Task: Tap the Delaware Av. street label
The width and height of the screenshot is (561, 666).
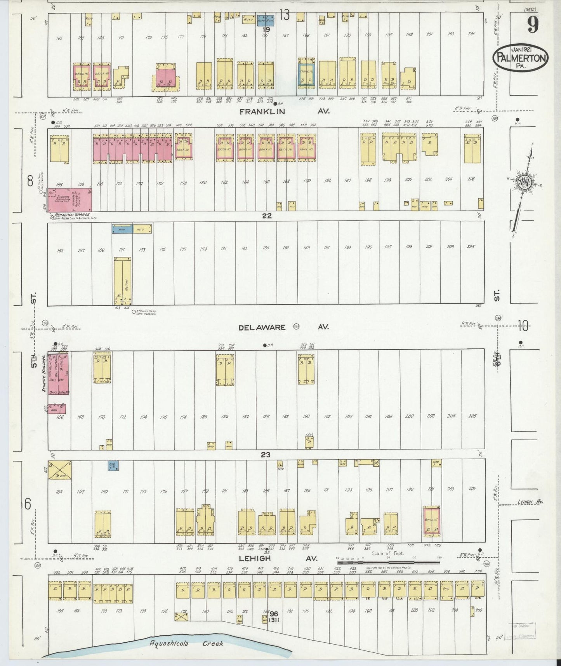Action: coord(283,327)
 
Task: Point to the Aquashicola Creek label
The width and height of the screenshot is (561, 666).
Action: coord(187,643)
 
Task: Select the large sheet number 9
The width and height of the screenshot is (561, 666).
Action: coord(533,26)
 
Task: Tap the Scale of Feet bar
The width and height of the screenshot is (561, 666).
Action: coord(388,562)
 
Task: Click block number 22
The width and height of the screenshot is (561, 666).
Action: coord(267,216)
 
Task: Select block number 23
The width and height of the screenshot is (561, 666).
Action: coord(265,454)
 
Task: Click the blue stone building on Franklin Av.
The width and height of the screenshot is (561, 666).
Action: coord(307,72)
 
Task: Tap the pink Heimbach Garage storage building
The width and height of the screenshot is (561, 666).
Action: coord(70,200)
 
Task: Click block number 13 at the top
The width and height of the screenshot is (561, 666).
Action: coord(284,16)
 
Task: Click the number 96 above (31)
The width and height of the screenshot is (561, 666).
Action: coord(274,614)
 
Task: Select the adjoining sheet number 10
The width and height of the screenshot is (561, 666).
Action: coord(523,327)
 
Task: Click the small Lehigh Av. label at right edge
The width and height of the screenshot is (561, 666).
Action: coord(530,502)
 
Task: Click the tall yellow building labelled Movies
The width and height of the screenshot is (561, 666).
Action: coord(122,281)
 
